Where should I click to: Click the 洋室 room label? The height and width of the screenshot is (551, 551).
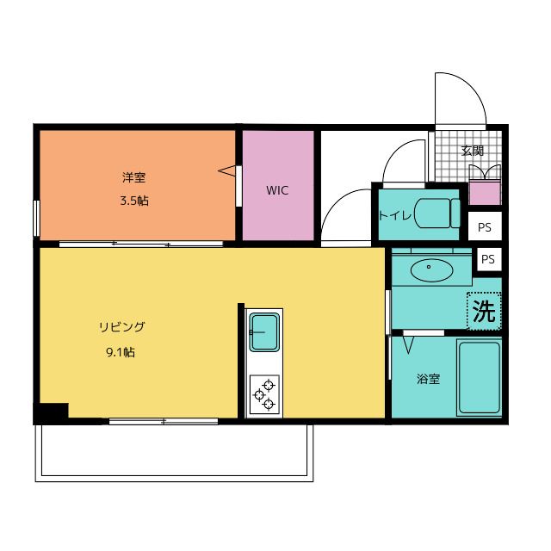pyautogui.click(x=133, y=178)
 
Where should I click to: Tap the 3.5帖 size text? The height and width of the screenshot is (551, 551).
pyautogui.click(x=133, y=201)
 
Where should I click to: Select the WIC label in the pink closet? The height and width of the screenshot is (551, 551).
pyautogui.click(x=276, y=190)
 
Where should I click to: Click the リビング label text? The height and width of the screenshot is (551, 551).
pyautogui.click(x=121, y=327)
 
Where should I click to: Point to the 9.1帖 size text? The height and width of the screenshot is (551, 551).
pyautogui.click(x=121, y=351)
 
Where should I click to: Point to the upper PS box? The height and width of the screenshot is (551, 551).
pyautogui.click(x=485, y=228)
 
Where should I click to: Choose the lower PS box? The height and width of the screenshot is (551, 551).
pyautogui.click(x=488, y=258)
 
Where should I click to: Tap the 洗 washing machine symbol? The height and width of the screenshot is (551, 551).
pyautogui.click(x=484, y=311)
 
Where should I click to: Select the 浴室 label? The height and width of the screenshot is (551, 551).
pyautogui.click(x=428, y=379)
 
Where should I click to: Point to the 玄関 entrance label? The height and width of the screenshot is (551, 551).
pyautogui.click(x=472, y=151)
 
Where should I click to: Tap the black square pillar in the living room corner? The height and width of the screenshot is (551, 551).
pyautogui.click(x=52, y=412)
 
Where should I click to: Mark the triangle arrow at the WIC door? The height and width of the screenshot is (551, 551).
pyautogui.click(x=228, y=170)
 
